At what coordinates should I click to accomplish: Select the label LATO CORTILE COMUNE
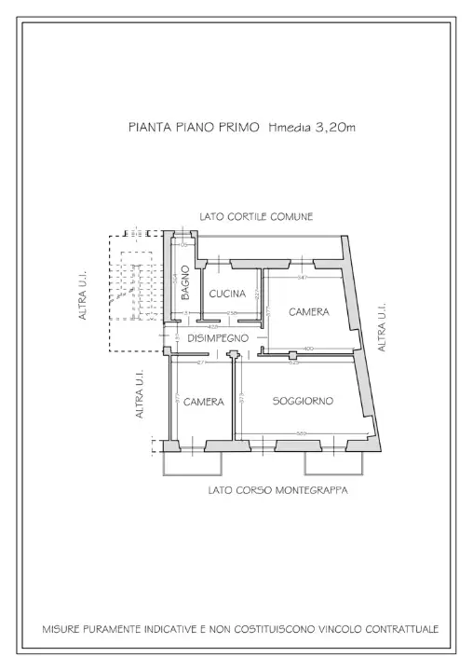tap(256, 216)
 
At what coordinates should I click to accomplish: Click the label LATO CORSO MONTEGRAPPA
tap(277, 490)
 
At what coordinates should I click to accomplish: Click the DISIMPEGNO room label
tap(217, 338)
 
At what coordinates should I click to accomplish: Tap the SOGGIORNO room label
tap(303, 401)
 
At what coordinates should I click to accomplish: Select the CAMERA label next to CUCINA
tap(308, 311)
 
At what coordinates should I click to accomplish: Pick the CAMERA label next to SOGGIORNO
tap(203, 402)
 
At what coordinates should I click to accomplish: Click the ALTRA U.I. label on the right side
tap(382, 326)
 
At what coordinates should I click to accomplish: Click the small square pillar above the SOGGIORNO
tap(293, 355)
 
